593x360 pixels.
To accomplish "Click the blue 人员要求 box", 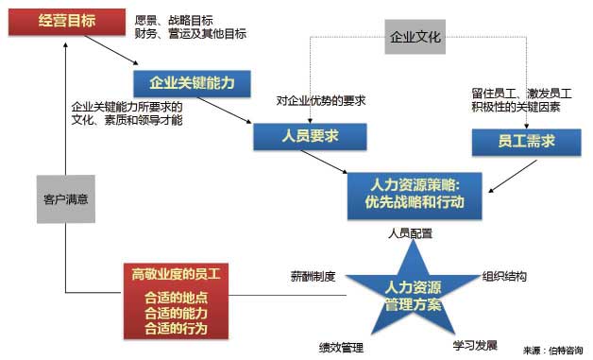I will coord(309,136).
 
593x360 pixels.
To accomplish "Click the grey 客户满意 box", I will coord(65,199).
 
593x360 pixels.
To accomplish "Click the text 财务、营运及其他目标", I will coord(190,34).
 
